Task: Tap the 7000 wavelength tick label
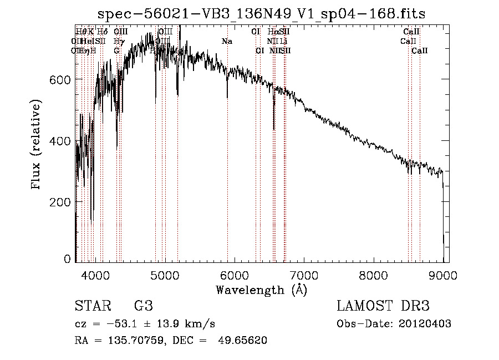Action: point(304,275)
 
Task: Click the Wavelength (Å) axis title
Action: point(262,290)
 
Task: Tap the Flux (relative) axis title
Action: point(37,145)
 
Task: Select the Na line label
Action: point(227,41)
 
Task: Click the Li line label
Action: point(283,41)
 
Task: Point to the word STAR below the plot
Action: point(91,306)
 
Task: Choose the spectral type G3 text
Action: point(144,306)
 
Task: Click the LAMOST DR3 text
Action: point(383,306)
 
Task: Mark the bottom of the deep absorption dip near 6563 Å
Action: point(274,129)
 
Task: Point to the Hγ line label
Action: point(117,41)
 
